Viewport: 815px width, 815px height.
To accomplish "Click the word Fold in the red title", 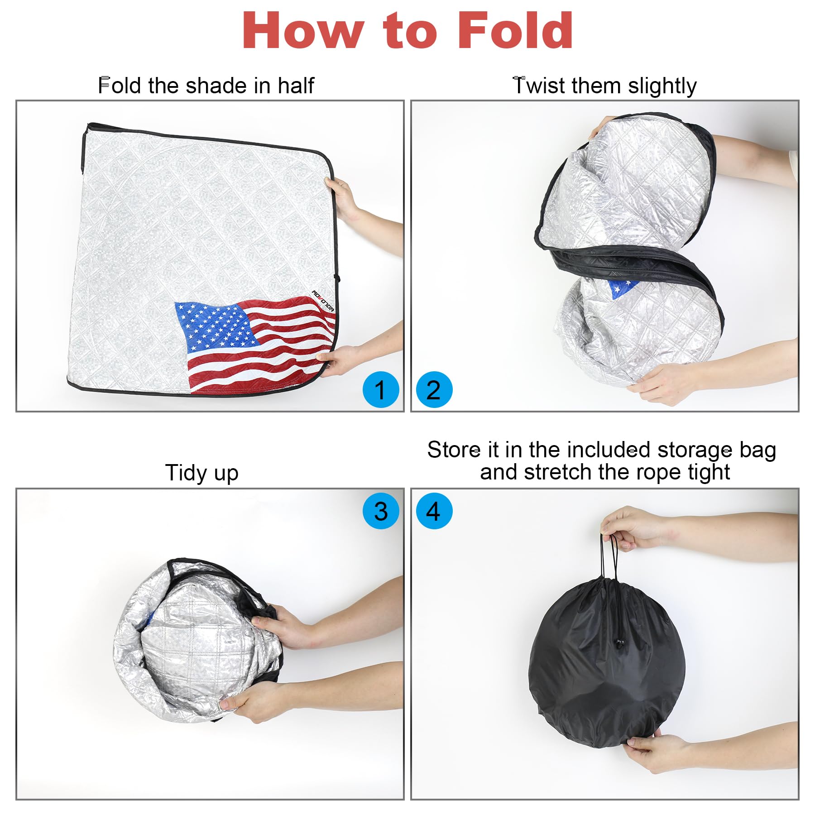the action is pos(516,30).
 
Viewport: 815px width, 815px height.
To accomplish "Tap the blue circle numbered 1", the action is pos(381,389).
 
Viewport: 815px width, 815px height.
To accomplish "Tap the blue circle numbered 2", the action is pos(434,389).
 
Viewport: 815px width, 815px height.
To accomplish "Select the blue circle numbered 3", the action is pos(381,511).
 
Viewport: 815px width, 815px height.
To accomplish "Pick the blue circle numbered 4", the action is pos(434,511).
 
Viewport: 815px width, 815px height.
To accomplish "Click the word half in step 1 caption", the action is pos(296,86).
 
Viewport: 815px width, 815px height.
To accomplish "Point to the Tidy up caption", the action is pos(201,473).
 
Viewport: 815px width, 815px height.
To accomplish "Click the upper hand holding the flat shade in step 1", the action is pos(344,197).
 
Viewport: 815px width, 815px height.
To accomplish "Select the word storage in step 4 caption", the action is pos(695,451).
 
